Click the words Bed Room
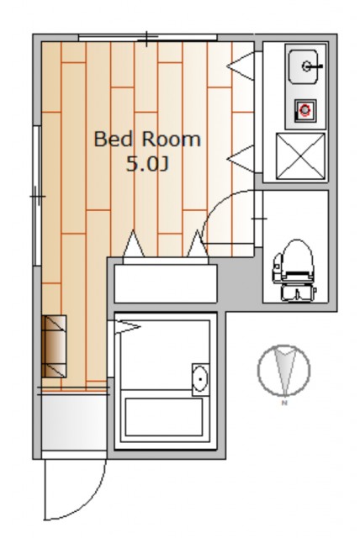point(147,139)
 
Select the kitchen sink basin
point(303,66)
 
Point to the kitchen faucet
point(311,66)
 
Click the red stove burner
point(304,110)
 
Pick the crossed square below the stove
point(300,156)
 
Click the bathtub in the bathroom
point(163,416)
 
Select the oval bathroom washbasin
point(200,379)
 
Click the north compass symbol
point(283,371)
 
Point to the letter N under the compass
point(283,403)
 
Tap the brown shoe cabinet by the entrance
point(54,346)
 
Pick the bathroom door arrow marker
point(127,326)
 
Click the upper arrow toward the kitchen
point(241,66)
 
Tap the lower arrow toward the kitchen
point(241,159)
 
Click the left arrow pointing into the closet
point(134,244)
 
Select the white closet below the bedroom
point(166,283)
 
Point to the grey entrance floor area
point(74,423)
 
